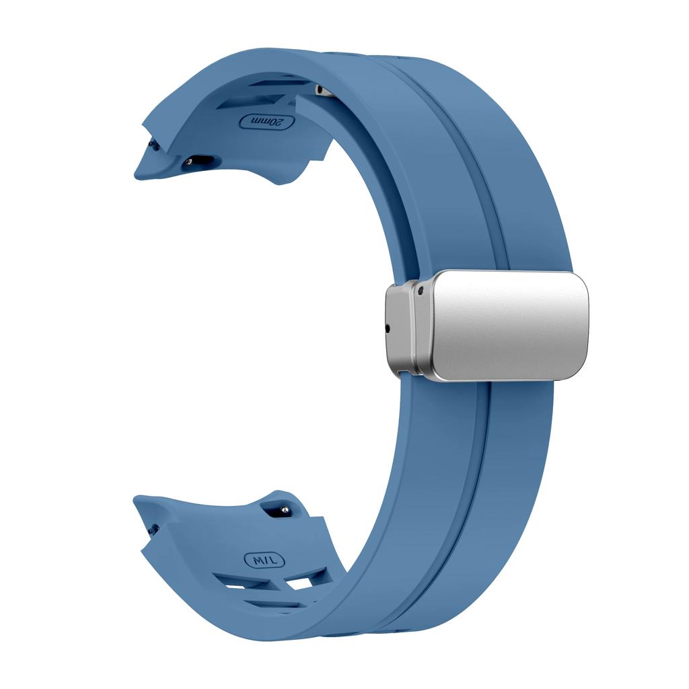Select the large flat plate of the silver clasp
[x=508, y=324]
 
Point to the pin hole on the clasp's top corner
[x=420, y=291]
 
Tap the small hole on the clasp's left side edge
[x=388, y=329]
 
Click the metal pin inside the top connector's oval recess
[x=196, y=161]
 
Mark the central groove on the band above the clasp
[x=464, y=168]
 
